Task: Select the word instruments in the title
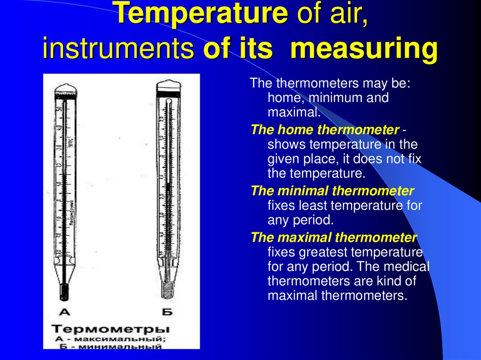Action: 118,49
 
